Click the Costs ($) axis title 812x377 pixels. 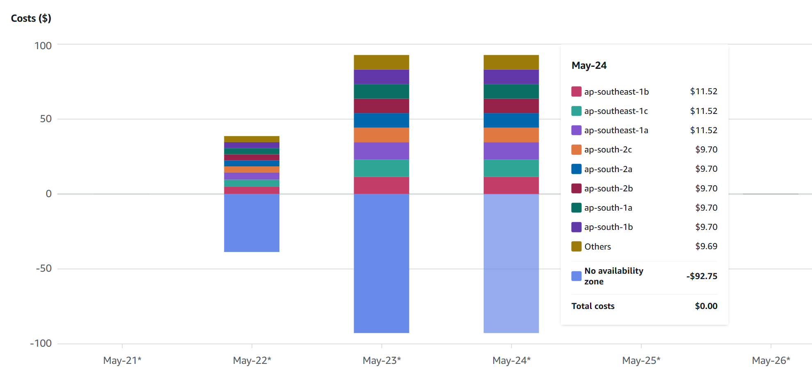tap(31, 18)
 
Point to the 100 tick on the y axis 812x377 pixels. tap(43, 45)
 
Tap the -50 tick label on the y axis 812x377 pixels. tap(43, 268)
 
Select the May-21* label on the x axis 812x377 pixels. tap(122, 360)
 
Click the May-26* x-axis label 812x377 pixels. tap(771, 360)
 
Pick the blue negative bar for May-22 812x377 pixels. tap(252, 223)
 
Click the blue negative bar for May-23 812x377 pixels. tap(381, 263)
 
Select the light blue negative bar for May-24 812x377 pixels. tap(511, 263)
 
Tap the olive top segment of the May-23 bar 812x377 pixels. tap(381, 62)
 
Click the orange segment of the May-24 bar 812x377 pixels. tap(511, 135)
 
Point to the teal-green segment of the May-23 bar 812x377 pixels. tap(381, 168)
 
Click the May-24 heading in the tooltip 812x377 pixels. tap(589, 66)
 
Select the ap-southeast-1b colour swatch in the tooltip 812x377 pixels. tap(576, 91)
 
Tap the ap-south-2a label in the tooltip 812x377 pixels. tap(608, 169)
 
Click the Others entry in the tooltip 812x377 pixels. tap(597, 247)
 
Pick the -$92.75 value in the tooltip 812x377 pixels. tap(702, 276)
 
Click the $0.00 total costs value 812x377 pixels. tap(706, 306)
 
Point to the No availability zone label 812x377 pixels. tap(613, 276)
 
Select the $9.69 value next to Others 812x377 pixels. tap(706, 246)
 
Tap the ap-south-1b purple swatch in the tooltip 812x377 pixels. tap(576, 227)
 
